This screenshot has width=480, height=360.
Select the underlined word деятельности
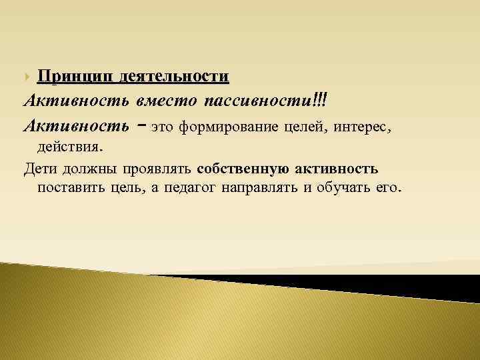pyautogui.click(x=175, y=77)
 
